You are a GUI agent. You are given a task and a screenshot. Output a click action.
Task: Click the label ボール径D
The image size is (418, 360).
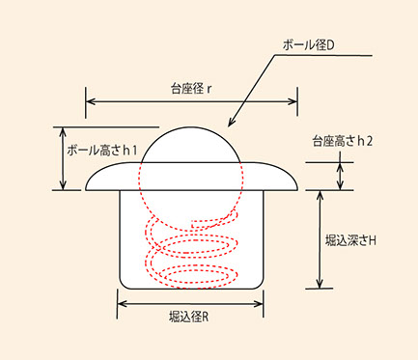pos(309,45)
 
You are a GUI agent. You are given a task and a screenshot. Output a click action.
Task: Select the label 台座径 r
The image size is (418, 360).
pos(191,89)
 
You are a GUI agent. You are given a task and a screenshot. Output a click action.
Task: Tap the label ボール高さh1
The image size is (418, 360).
pos(102,150)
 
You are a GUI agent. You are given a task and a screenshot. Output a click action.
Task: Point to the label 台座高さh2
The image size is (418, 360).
pos(343,141)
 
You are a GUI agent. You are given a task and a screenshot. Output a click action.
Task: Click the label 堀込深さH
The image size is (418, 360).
pos(350,240)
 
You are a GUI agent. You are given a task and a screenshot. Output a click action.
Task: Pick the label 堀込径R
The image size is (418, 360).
pos(189,318)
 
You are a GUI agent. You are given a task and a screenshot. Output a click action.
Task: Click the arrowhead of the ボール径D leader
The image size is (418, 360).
pos(230,123)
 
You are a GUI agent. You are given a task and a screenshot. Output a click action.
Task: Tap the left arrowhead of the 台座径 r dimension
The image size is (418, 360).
pos(91,101)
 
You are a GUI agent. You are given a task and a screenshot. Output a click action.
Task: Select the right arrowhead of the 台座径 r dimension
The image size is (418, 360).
pos(292,101)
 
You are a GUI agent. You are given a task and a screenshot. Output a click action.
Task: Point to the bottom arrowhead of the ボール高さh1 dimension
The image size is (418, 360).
pos(63,185)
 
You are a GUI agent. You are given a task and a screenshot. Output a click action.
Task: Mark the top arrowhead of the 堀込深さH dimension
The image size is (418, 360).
pos(320,195)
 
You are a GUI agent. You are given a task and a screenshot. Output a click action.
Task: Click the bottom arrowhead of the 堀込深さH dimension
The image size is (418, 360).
pos(320,284)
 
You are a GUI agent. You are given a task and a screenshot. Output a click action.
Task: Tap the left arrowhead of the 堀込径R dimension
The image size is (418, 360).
pos(123,304)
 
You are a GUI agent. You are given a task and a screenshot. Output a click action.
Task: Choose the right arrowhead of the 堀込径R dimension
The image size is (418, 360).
pos(259,304)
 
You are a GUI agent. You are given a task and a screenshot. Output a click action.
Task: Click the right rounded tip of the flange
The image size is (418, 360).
pos(295,187)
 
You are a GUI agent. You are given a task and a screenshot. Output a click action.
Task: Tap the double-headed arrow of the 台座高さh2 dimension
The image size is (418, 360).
pos(341,176)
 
